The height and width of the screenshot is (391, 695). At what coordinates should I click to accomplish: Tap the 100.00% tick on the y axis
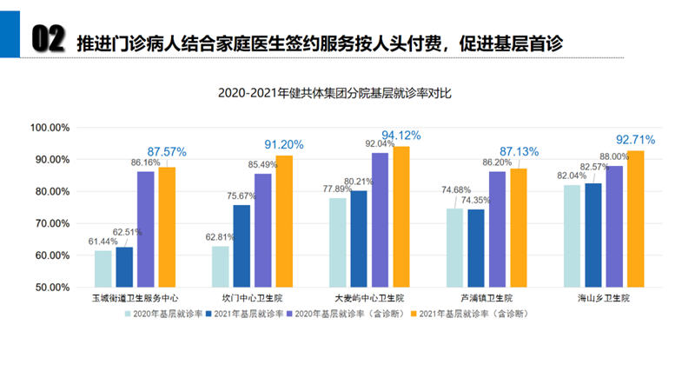pos(50,128)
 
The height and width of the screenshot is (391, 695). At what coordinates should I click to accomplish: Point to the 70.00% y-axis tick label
pos(50,223)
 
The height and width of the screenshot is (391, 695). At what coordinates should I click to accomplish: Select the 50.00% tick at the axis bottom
pos(50,287)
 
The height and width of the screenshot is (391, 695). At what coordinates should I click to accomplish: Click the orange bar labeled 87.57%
pos(167,226)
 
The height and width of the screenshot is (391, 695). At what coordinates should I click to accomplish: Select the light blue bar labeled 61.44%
pos(103,268)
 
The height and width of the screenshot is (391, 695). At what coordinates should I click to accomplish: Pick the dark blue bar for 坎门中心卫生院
pos(242,246)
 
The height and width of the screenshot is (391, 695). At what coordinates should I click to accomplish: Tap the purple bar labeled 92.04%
pos(380,219)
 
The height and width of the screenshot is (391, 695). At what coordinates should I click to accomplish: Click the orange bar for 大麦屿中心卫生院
pos(400,216)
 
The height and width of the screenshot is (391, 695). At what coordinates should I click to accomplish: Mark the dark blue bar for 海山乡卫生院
pos(592,235)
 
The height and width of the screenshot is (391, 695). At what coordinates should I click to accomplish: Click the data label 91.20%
pos(283,145)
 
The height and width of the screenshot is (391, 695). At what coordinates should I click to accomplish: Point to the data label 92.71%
pos(635,139)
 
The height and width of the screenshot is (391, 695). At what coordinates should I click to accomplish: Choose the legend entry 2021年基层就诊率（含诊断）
pos(473,313)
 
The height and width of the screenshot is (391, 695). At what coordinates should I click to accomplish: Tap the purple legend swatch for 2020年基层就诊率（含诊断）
pos(289,313)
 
